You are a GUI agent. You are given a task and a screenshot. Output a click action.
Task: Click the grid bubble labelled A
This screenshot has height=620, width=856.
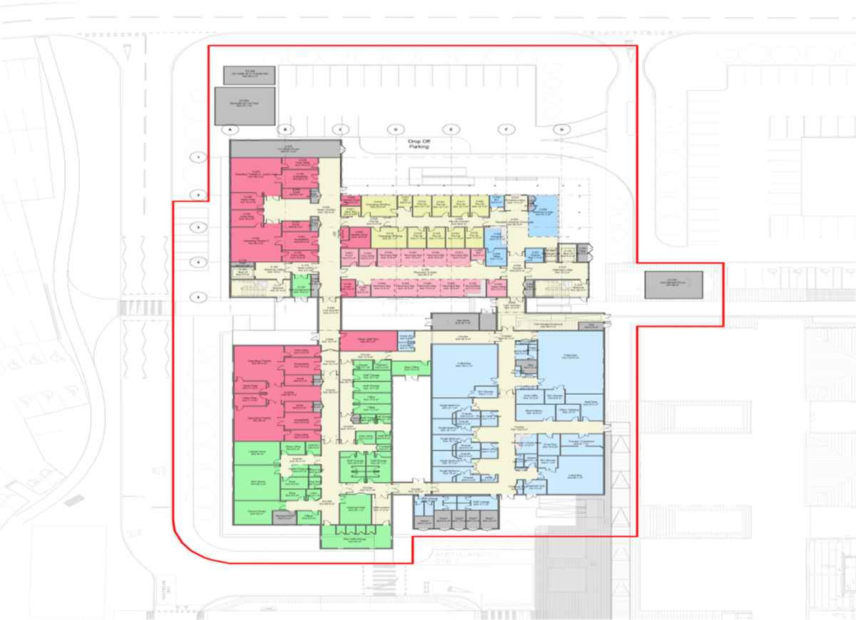click(x=229, y=130)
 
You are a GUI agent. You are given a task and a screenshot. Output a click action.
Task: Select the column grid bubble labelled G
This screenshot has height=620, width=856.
click(x=562, y=130)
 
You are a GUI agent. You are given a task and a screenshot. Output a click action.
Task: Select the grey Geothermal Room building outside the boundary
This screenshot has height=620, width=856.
click(x=673, y=284)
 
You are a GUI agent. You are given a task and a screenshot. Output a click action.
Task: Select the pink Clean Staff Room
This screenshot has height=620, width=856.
click(x=367, y=341)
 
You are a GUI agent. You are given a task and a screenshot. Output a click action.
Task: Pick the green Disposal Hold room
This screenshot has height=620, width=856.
click(x=355, y=509)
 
